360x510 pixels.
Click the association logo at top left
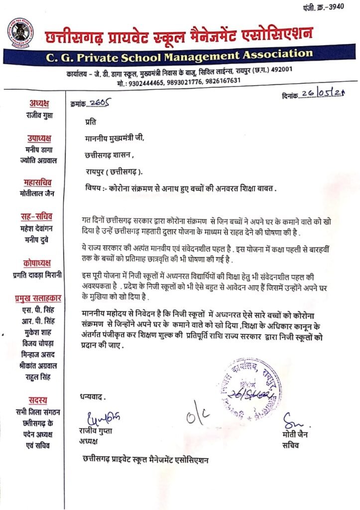tap(20, 31)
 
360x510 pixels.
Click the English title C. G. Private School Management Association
tap(180, 56)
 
